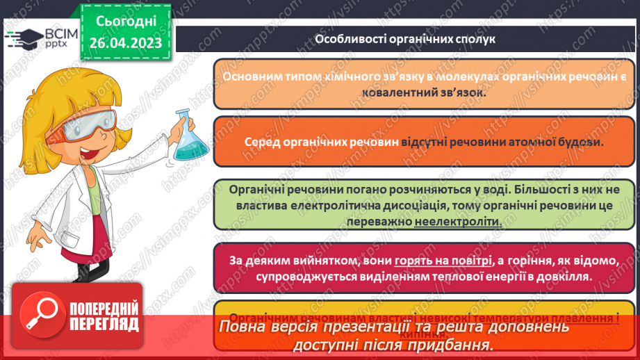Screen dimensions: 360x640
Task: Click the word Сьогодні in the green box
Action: click(x=126, y=21)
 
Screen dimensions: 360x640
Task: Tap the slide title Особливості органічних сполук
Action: click(x=405, y=39)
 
